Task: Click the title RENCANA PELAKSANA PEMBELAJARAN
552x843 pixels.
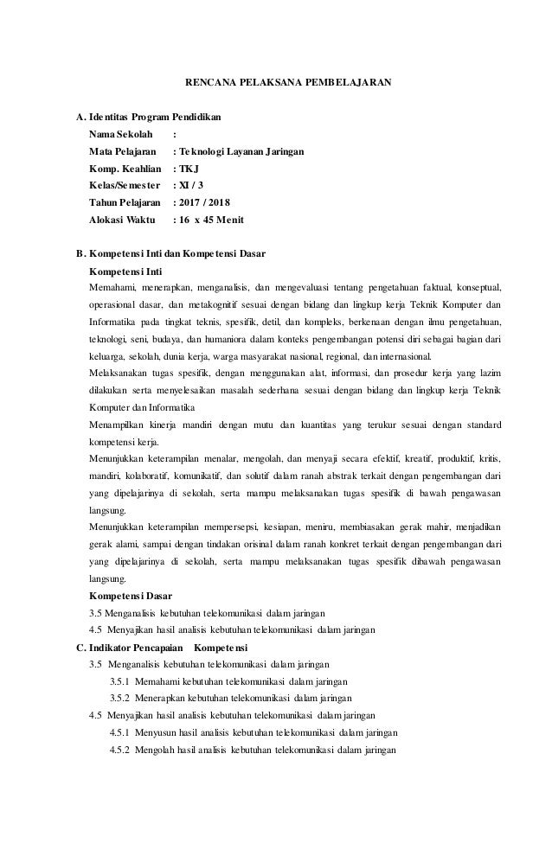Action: coord(289,85)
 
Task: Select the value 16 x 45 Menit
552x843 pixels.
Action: coord(208,220)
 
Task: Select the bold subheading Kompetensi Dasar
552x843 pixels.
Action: coord(131,596)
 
